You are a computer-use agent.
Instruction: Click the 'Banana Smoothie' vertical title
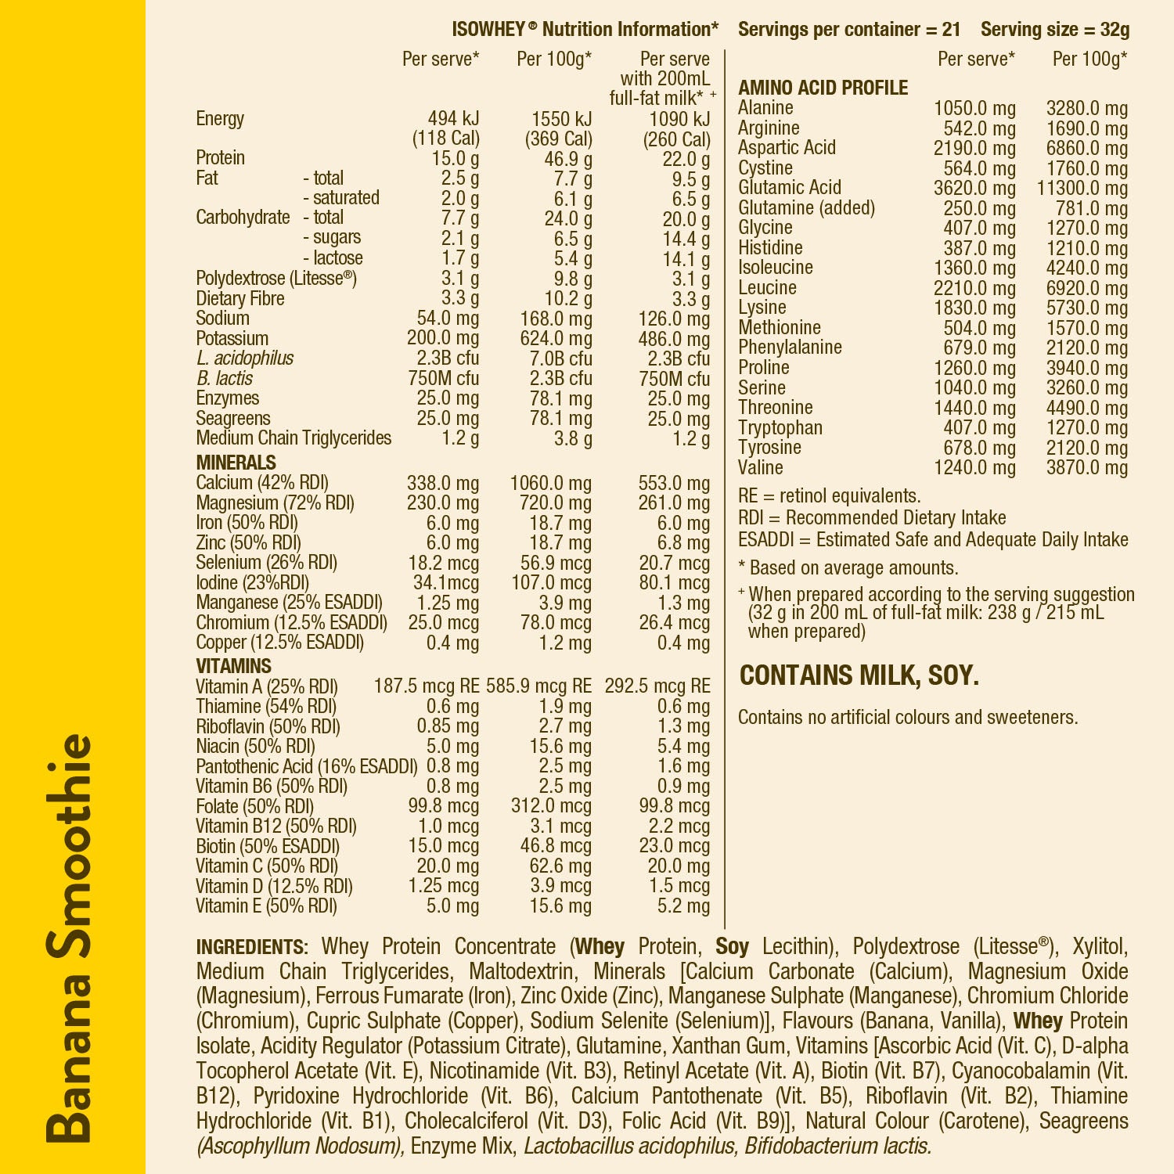coord(69,938)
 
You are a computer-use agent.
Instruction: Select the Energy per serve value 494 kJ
coord(453,119)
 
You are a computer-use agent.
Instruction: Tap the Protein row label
coord(220,158)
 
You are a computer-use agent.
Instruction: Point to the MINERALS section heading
coord(236,463)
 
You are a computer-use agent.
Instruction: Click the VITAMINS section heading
coord(233,666)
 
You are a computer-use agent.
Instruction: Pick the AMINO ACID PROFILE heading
coord(823,88)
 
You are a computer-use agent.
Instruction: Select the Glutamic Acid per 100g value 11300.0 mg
coord(1082,188)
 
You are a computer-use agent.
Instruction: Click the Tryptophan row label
coord(780,428)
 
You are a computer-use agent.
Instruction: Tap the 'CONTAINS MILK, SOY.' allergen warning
coord(859,675)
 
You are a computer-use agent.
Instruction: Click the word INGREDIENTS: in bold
coord(252,947)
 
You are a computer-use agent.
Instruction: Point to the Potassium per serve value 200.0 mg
coord(442,338)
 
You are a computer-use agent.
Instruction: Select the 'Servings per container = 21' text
coord(848,30)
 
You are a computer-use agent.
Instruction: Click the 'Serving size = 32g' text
coord(1054,30)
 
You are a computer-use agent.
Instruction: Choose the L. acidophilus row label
coord(244,358)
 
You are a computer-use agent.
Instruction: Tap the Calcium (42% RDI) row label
coord(262,483)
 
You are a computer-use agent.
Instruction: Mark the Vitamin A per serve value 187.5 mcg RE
coord(426,686)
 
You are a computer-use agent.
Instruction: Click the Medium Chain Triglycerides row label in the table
coord(293,438)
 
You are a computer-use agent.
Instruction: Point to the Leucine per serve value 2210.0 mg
coord(974,288)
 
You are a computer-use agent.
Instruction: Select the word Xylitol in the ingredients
coord(1100,947)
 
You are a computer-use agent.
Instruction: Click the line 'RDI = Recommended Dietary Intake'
coord(871,518)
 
